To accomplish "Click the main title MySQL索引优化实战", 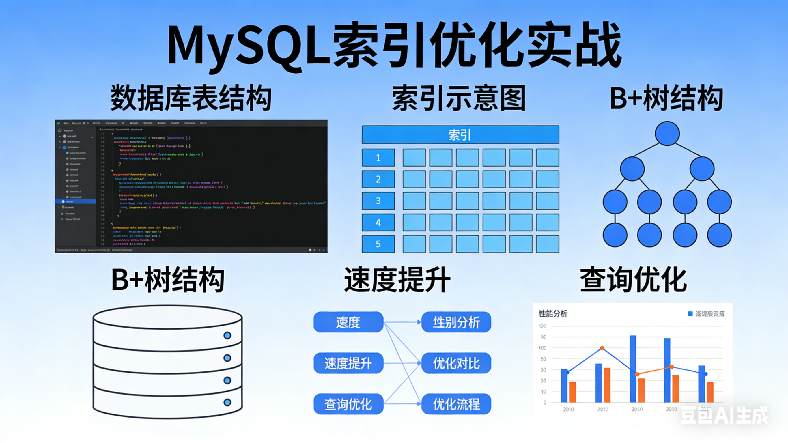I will (x=394, y=46).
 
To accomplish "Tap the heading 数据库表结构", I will (x=191, y=98).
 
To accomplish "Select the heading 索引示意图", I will (x=459, y=98).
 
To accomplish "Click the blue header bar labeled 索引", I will (x=460, y=134).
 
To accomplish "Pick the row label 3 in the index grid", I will (x=378, y=201).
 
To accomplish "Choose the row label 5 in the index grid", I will (x=378, y=244).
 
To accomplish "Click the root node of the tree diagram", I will (x=667, y=133).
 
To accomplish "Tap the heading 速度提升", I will (x=397, y=280).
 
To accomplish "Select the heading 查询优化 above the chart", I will (x=633, y=280).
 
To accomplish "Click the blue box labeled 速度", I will (x=348, y=322).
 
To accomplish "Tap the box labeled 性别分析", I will (x=456, y=322).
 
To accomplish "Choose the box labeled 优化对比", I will (x=456, y=363).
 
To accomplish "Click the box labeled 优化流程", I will (x=456, y=404).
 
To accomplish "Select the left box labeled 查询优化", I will (x=348, y=404).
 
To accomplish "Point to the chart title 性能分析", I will (x=553, y=314).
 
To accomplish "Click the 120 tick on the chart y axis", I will (x=542, y=326).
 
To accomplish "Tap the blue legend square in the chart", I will (x=690, y=314).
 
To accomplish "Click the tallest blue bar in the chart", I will (x=633, y=369).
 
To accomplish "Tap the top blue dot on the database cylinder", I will (x=227, y=335).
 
